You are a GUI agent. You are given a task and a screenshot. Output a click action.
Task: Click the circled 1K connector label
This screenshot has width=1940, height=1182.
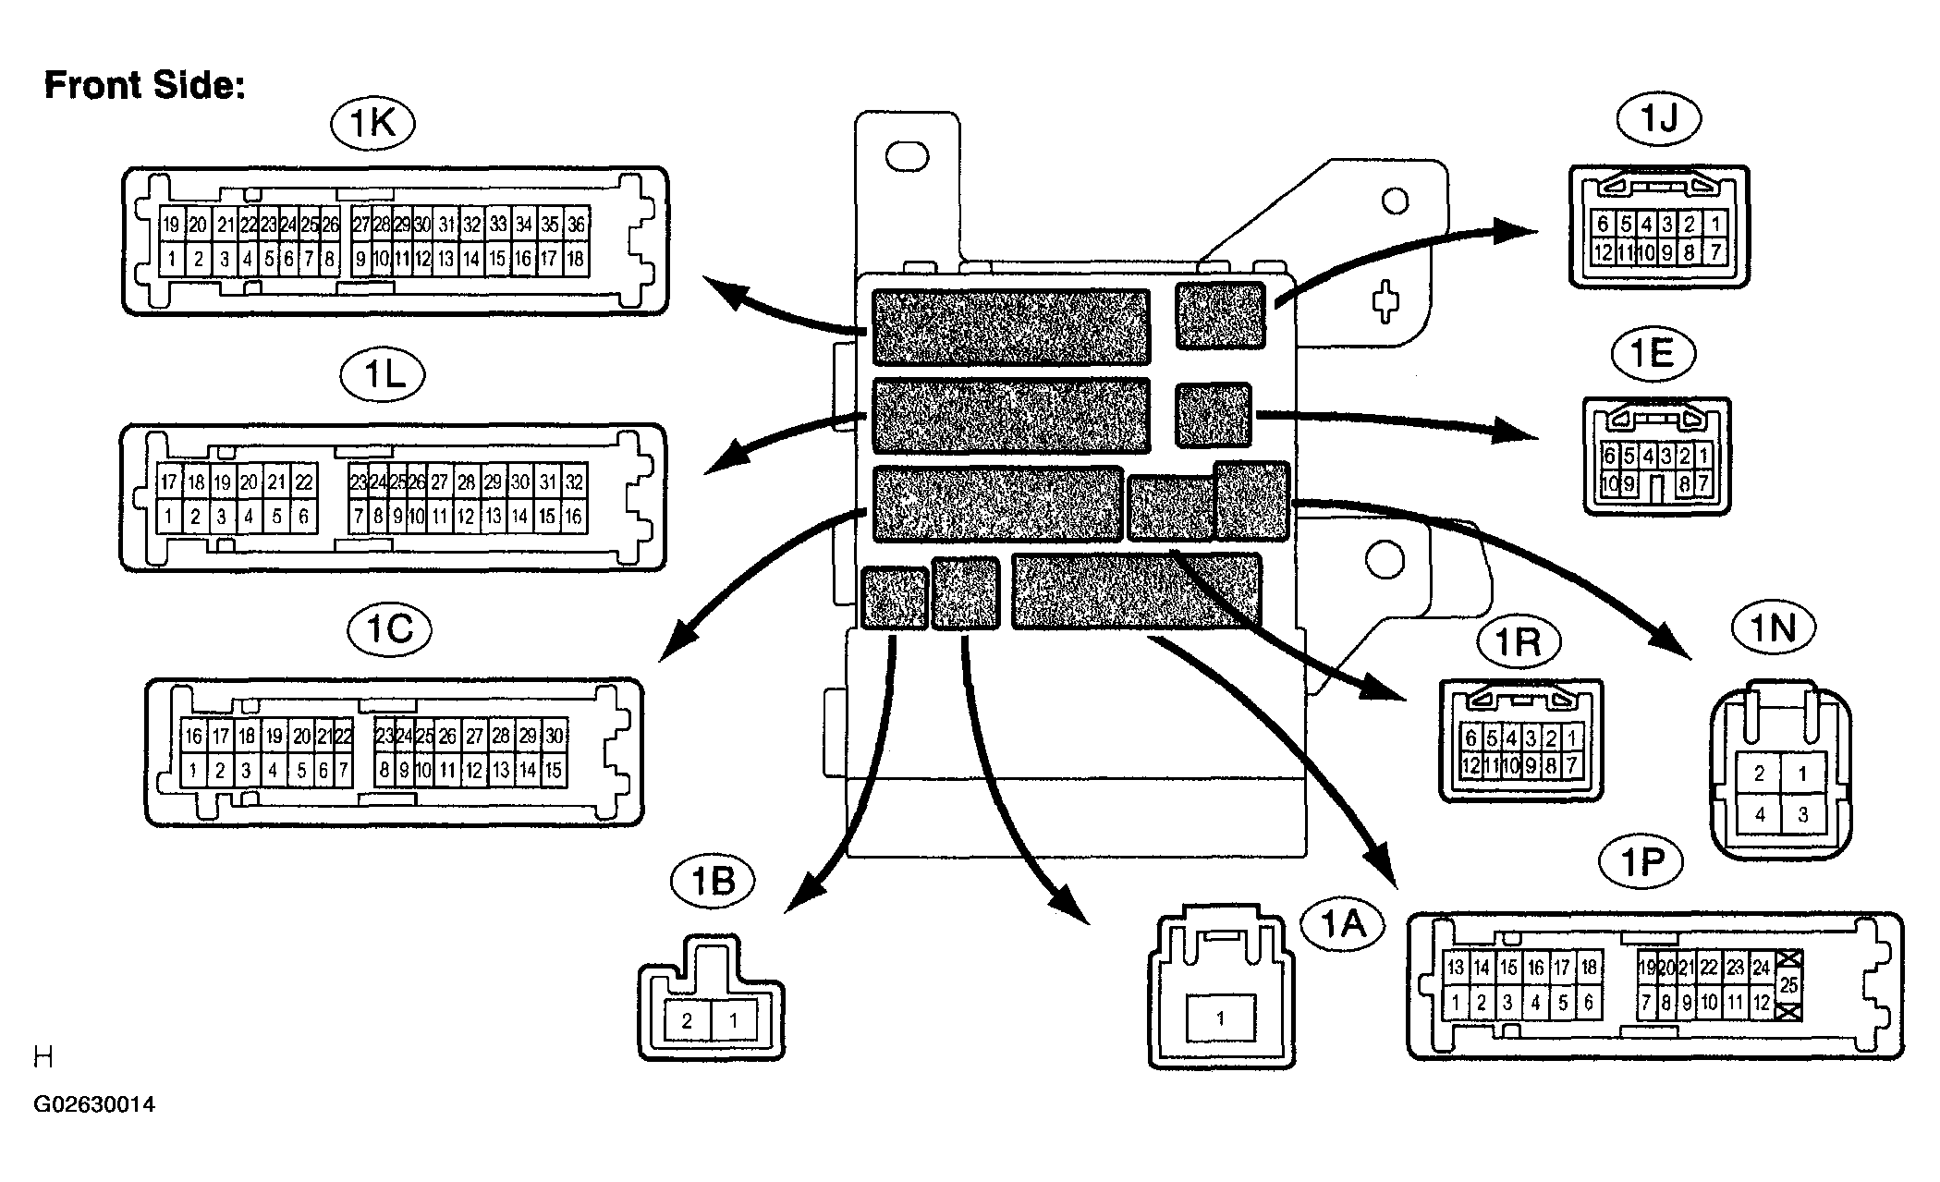(x=373, y=124)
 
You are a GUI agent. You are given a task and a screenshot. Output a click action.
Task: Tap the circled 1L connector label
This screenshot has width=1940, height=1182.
(x=383, y=376)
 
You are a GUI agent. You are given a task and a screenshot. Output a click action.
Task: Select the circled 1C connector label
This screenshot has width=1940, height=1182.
(x=390, y=630)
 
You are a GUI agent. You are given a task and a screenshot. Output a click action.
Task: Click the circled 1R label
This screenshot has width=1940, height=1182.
(x=1518, y=641)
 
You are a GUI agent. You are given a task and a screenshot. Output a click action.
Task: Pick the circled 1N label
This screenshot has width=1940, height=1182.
(x=1773, y=628)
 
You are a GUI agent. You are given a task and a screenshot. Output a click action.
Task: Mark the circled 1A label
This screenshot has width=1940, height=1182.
(x=1342, y=923)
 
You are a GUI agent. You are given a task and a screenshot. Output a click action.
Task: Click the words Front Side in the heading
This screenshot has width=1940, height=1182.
(x=145, y=85)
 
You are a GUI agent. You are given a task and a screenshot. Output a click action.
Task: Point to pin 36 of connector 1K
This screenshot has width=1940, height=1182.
(x=576, y=225)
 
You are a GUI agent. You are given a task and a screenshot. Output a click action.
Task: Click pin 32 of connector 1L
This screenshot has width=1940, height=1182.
(x=574, y=481)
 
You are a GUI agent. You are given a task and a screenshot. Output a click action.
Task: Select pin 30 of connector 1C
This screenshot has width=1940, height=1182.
(x=554, y=737)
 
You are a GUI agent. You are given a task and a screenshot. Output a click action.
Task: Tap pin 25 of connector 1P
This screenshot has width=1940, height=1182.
(x=1789, y=985)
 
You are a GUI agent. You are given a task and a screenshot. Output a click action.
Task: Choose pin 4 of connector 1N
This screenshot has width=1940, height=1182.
(x=1760, y=815)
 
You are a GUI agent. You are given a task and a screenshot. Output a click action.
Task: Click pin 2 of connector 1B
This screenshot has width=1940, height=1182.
(x=687, y=1021)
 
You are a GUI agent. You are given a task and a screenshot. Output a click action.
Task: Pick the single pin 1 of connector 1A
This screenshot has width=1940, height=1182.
(x=1220, y=1018)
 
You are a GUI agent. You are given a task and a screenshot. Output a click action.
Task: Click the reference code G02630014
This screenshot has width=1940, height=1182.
(x=94, y=1105)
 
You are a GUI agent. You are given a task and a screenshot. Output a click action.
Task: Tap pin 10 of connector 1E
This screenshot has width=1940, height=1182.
(x=1609, y=483)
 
